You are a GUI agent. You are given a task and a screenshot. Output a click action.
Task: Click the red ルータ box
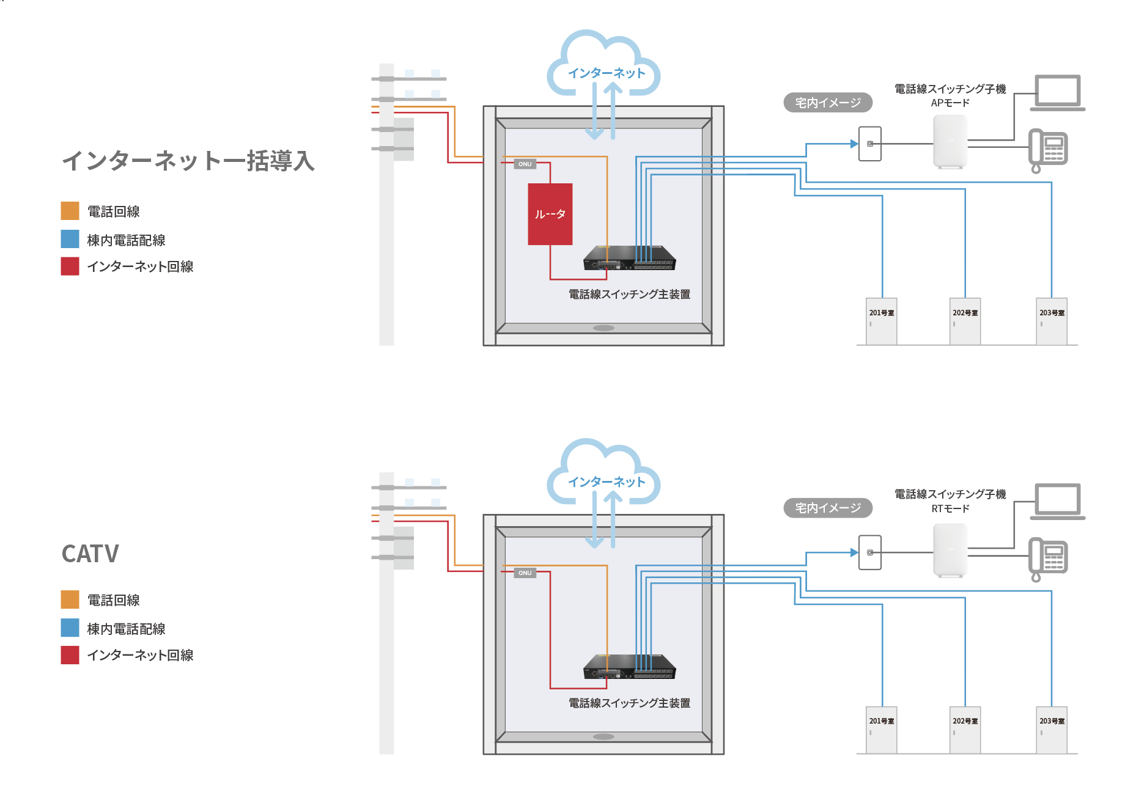pos(550,214)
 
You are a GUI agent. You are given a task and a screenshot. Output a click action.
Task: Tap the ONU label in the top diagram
pos(525,164)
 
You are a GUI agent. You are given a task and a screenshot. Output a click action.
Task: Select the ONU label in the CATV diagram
pos(525,573)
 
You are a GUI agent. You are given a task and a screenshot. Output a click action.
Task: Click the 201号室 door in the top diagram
pos(881,321)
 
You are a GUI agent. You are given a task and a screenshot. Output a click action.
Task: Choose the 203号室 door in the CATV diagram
pos(1052,730)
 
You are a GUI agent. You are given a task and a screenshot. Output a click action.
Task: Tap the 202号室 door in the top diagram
pos(965,321)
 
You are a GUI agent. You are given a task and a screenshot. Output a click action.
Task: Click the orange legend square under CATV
pos(70,599)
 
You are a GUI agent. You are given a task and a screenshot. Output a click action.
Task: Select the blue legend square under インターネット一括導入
pos(70,239)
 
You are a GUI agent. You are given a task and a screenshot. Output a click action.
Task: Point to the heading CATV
pos(90,554)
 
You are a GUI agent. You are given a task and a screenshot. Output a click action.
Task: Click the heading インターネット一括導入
pos(188,161)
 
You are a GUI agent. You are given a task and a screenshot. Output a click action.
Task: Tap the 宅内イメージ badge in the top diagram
pos(827,103)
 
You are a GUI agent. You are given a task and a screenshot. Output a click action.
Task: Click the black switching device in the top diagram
pos(630,257)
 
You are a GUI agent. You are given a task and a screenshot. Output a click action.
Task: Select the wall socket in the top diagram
pos(869,144)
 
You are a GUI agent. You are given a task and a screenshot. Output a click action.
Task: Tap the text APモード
pos(950,103)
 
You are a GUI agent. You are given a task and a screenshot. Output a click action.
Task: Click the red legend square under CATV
pos(70,655)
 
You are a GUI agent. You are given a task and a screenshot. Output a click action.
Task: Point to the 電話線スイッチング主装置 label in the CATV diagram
pos(629,703)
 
